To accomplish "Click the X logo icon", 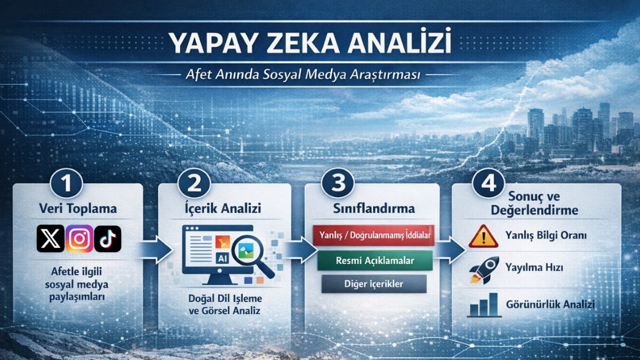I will (51, 238).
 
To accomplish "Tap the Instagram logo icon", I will (79, 238).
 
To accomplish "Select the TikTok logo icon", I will (108, 238).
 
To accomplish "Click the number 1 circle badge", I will (66, 183).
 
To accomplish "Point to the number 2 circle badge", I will (194, 183).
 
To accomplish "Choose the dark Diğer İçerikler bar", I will (374, 284).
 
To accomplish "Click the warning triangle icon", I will (483, 236).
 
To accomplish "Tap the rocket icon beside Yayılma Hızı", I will (484, 269).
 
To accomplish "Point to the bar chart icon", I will (483, 305).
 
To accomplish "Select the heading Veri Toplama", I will (78, 209).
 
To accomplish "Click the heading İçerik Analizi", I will (225, 209).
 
